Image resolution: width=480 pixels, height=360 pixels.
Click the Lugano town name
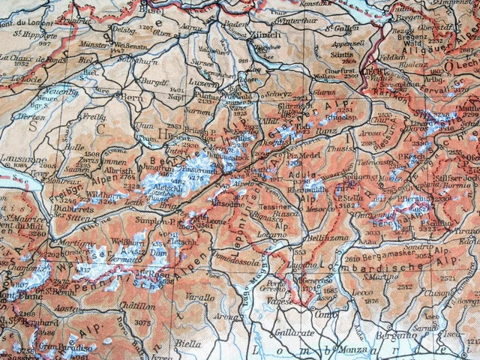[x=301, y=265]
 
